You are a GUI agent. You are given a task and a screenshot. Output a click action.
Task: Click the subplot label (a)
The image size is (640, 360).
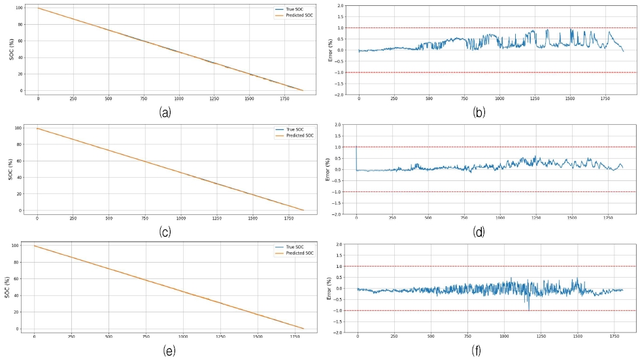click(x=165, y=112)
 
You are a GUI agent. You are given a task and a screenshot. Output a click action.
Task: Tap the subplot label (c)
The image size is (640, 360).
click(x=165, y=231)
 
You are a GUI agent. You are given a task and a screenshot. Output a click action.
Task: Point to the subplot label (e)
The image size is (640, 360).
click(x=169, y=351)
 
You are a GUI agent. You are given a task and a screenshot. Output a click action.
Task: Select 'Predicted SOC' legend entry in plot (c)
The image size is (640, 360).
click(x=297, y=135)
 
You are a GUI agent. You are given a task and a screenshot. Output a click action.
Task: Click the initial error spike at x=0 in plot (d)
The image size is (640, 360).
click(x=356, y=149)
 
